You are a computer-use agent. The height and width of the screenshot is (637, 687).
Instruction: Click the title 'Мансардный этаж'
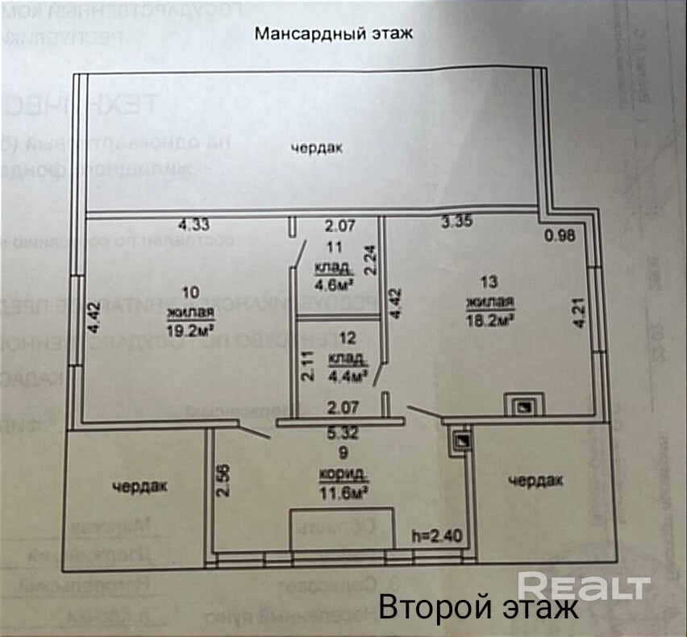coord(334,34)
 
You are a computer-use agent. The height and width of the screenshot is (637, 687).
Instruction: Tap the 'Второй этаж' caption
coord(478,606)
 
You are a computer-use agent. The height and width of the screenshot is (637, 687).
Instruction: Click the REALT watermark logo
coord(584,585)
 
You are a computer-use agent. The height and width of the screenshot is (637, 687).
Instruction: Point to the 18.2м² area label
coord(489,320)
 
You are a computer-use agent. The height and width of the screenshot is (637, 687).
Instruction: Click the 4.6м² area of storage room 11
coord(335,283)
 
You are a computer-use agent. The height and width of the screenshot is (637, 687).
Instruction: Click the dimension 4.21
coord(579,313)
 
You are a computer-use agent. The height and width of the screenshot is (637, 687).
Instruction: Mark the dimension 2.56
coord(224,481)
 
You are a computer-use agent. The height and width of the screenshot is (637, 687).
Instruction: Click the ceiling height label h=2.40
coord(435,535)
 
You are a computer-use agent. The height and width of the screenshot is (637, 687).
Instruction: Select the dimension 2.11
coord(306,366)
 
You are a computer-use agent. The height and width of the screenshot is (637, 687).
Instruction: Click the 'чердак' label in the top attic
coord(317,148)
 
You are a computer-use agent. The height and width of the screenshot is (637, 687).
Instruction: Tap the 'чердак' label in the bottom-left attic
coord(140,485)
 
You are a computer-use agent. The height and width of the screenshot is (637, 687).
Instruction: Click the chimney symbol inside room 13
coord(523,402)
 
